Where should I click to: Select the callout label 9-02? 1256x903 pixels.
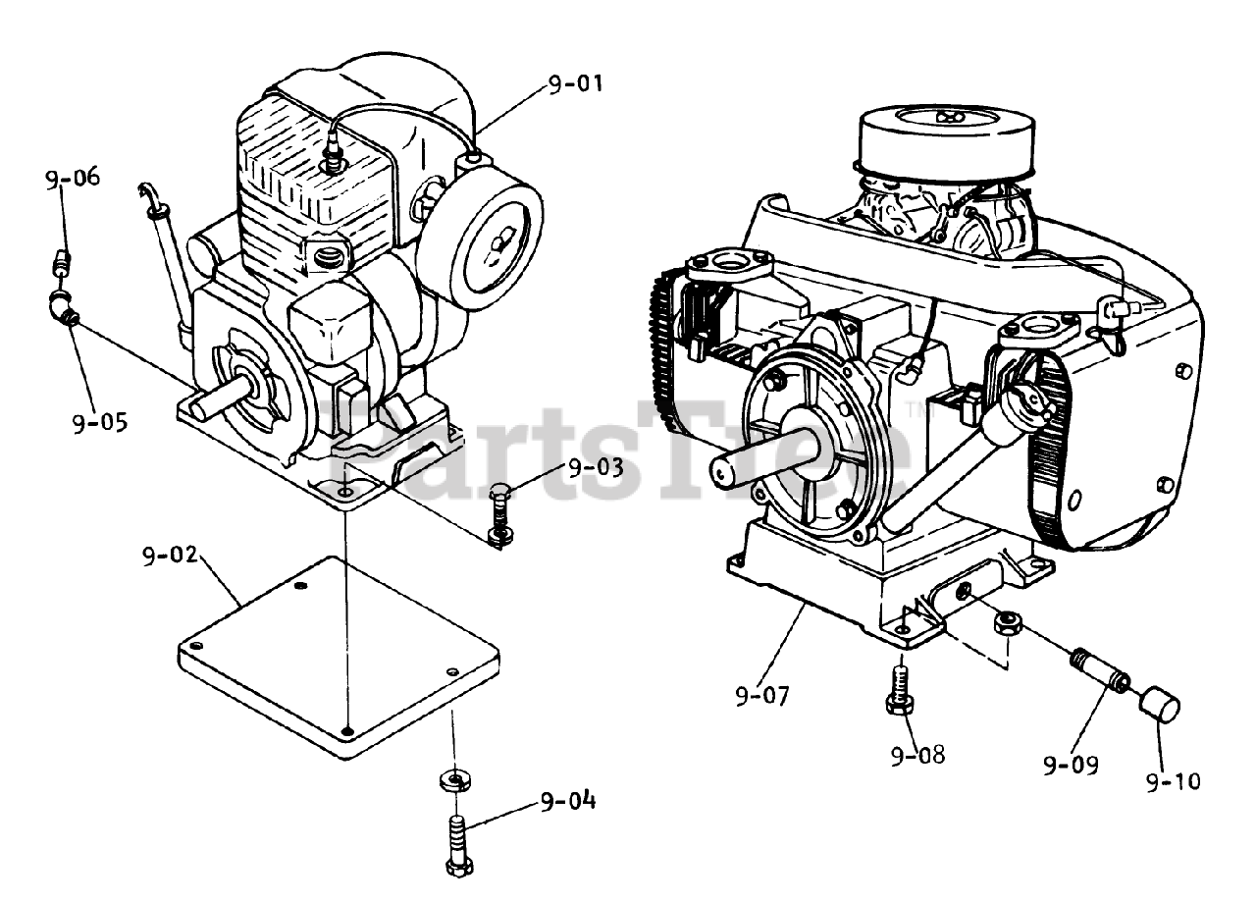(170, 555)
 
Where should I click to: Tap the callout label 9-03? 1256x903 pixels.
(595, 466)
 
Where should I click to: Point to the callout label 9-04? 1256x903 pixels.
(567, 801)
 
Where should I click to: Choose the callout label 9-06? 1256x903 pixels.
(72, 178)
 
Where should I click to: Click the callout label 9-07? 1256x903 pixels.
(761, 697)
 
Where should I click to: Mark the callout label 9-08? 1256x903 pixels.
(917, 755)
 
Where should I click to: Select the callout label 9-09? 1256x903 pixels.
(1071, 765)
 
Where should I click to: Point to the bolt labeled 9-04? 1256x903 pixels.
(459, 840)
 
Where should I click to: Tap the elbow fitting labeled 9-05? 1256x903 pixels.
(63, 310)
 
